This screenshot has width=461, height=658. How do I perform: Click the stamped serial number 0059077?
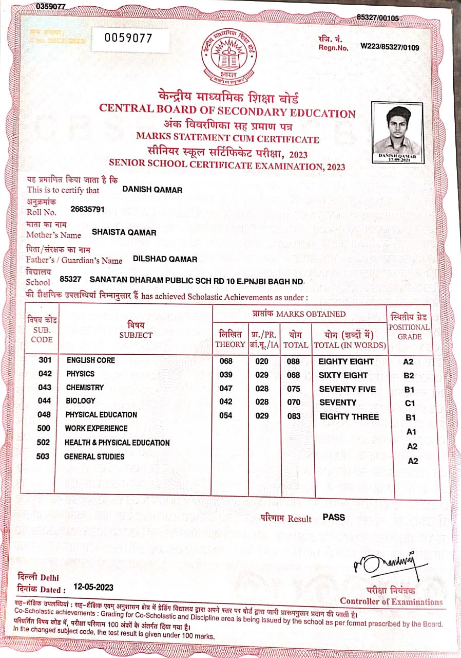[x=128, y=38]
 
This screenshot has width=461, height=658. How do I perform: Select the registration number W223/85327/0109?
[x=390, y=47]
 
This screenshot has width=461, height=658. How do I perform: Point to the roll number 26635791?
[x=87, y=210]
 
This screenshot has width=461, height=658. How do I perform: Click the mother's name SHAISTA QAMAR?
[x=124, y=232]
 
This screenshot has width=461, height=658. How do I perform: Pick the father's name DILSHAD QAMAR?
[x=165, y=259]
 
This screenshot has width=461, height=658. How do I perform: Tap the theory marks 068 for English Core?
[x=226, y=361]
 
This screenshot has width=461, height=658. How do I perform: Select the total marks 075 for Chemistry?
[x=294, y=389]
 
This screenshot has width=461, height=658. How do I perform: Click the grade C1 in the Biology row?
[x=410, y=404]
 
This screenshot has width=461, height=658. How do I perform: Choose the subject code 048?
[x=45, y=414]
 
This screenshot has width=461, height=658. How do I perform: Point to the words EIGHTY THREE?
[x=349, y=417]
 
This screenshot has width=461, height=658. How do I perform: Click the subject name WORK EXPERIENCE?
[x=96, y=428]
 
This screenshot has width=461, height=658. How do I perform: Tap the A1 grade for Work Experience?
[x=411, y=432]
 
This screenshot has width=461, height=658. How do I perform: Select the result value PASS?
[x=334, y=517]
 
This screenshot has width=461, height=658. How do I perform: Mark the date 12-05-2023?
[x=93, y=587]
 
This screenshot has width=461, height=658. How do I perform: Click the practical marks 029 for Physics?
[x=262, y=375]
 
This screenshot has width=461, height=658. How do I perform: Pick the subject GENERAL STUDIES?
[x=94, y=456]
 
